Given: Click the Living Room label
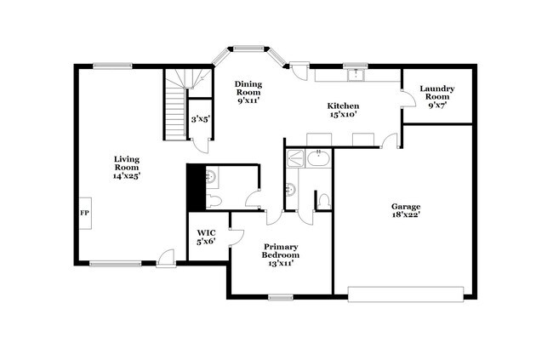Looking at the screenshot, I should pyautogui.click(x=127, y=167).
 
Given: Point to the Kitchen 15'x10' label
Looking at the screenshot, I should pyautogui.click(x=344, y=110).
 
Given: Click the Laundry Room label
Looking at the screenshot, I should pyautogui.click(x=437, y=97).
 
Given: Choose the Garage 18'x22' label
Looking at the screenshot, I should pyautogui.click(x=406, y=211).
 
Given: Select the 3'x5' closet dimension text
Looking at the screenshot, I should pyautogui.click(x=201, y=119).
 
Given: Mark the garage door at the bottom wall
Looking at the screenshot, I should pyautogui.click(x=406, y=294).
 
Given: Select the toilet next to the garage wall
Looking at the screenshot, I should pyautogui.click(x=323, y=201).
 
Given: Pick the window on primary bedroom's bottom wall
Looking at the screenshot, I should pyautogui.click(x=280, y=297).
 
